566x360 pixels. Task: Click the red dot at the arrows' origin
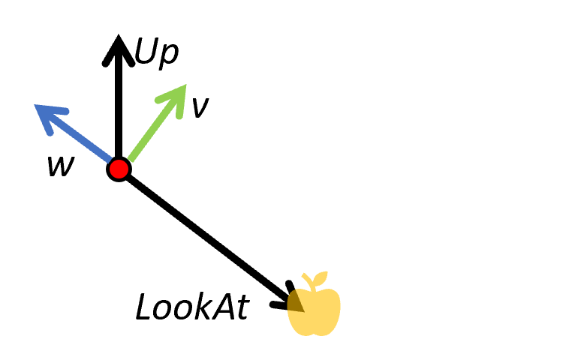click(119, 169)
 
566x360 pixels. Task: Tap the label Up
click(157, 52)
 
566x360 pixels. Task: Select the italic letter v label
click(199, 107)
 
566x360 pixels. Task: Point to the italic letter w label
click(60, 166)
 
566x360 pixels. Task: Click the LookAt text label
click(191, 307)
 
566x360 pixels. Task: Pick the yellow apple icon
click(315, 309)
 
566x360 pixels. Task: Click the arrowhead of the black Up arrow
click(118, 46)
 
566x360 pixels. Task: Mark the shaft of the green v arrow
click(150, 130)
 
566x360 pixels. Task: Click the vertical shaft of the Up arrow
click(118, 105)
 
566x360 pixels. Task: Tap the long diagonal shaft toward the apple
click(203, 232)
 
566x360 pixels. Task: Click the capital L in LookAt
click(144, 307)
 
